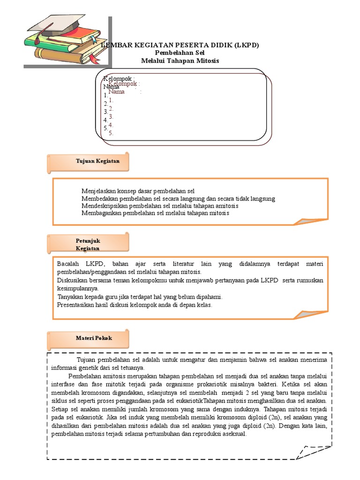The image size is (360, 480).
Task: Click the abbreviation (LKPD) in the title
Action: [x=243, y=45]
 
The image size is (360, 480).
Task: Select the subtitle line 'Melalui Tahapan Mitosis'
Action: [x=180, y=61]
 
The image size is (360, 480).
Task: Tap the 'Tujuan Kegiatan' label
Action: [x=97, y=161]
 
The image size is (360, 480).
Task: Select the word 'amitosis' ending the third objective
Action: [x=226, y=206]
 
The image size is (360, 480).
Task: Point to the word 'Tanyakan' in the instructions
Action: [x=70, y=297]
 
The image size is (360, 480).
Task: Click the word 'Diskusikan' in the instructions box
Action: [x=73, y=280]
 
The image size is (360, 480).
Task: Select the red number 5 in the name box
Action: [x=111, y=133]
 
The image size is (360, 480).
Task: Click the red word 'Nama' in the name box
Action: [x=116, y=92]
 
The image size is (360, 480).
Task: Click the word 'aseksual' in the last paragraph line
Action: [x=232, y=434]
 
